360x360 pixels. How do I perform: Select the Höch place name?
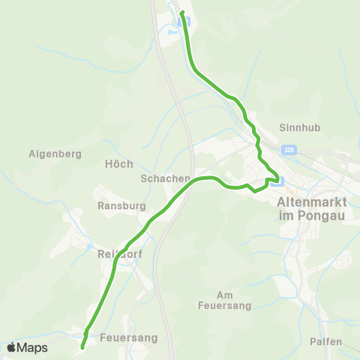click(119, 163)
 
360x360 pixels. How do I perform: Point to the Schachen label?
click(161, 179)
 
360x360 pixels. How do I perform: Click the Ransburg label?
click(115, 204)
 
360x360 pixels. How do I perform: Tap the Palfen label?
click(325, 342)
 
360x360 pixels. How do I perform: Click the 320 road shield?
click(290, 150)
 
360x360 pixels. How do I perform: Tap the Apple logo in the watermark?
click(11, 348)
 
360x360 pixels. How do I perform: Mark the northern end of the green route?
click(182, 13)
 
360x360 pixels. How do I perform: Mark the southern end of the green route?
click(81, 347)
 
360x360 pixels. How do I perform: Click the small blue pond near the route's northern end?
click(173, 33)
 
